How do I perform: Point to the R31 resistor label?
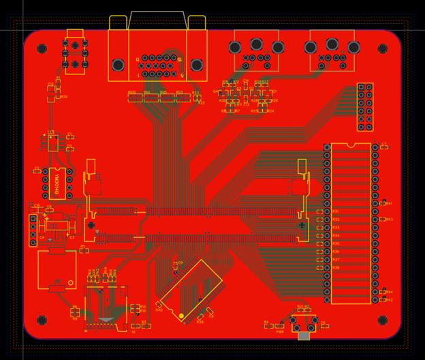[x=335, y=211]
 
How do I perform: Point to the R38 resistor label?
[x=335, y=268]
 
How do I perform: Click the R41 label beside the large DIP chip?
[x=389, y=203]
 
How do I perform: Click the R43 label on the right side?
[x=390, y=220]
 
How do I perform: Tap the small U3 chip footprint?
[x=52, y=143]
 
